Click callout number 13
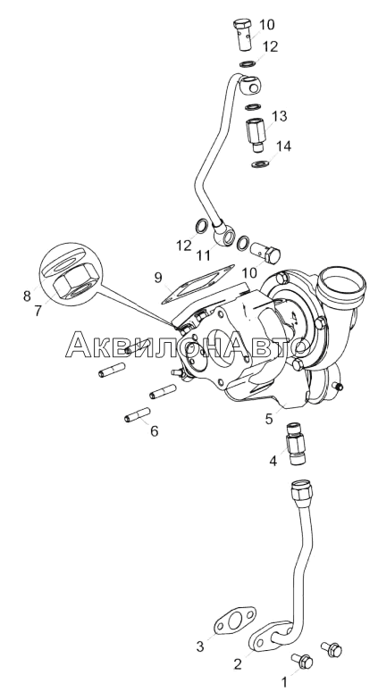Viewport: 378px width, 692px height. tap(279, 116)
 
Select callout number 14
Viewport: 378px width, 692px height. tap(284, 146)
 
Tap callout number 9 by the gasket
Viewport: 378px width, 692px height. tap(158, 278)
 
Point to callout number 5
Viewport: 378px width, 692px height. tap(269, 419)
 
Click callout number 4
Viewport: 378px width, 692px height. tap(273, 462)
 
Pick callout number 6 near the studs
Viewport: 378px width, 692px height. tap(154, 430)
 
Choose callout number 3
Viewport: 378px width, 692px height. tap(200, 647)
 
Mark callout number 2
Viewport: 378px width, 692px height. tap(238, 664)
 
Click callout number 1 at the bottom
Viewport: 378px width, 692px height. tap(284, 682)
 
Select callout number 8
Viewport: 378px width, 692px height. tap(28, 296)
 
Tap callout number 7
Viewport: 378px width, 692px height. tap(38, 311)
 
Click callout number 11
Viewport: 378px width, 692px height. tap(204, 255)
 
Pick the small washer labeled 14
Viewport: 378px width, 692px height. tap(259, 164)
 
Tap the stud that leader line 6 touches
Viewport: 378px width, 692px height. tap(138, 415)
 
